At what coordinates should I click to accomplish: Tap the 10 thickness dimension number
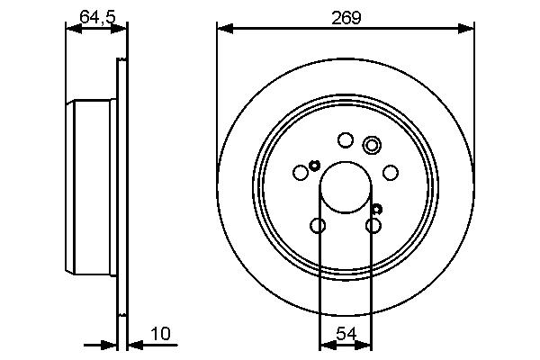[x=160, y=334]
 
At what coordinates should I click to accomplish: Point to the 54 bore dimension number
[x=346, y=334]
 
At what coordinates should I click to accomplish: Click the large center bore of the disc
[x=346, y=186]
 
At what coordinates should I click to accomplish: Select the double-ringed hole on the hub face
[x=372, y=144]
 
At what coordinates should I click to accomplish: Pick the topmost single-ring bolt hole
[x=345, y=139]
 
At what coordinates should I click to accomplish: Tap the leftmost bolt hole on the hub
[x=301, y=173]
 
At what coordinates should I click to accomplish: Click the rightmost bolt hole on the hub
[x=391, y=173]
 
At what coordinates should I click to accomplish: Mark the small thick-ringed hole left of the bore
[x=314, y=164]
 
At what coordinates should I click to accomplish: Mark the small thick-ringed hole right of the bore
[x=376, y=208]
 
